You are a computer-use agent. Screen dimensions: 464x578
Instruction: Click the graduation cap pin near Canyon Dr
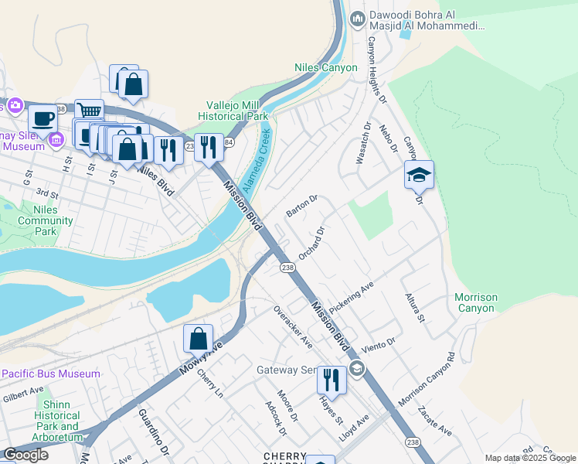[419, 176]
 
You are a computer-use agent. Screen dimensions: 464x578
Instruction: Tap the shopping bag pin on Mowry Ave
[199, 339]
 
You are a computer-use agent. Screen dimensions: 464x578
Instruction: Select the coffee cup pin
[43, 118]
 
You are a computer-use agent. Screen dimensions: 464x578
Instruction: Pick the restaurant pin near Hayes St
[331, 380]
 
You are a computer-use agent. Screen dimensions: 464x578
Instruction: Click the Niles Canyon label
[326, 67]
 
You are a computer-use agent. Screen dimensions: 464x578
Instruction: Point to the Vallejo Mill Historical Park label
[237, 111]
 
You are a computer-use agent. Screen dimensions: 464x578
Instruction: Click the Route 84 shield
[229, 142]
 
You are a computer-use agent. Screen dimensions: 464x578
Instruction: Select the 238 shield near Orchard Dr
[287, 267]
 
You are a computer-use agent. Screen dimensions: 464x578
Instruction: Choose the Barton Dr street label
[302, 206]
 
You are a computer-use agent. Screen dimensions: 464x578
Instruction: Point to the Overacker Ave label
[293, 326]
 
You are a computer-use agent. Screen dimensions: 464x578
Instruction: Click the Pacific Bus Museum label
[51, 374]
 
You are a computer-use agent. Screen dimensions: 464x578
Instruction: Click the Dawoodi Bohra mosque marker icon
[357, 19]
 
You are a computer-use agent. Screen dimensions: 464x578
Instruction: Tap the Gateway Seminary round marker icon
[356, 367]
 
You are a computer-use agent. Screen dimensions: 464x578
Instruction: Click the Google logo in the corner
[26, 455]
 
